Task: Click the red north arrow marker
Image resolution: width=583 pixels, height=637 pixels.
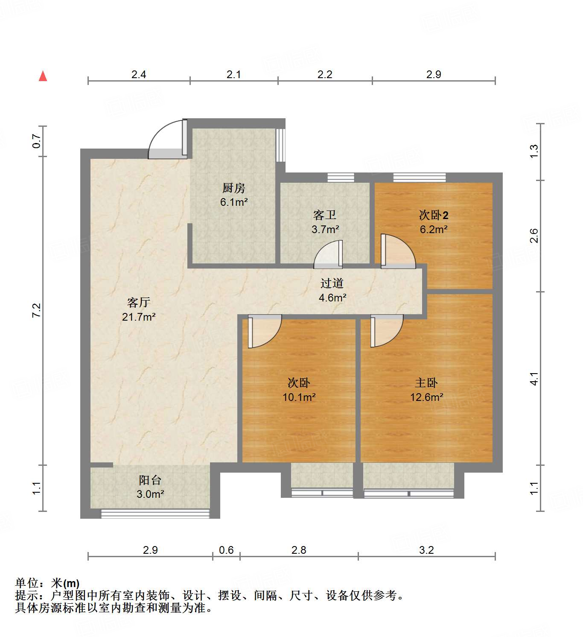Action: (x=43, y=76)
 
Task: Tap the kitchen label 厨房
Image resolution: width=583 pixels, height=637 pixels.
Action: (x=234, y=188)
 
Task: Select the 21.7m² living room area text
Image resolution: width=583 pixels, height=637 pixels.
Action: (x=139, y=317)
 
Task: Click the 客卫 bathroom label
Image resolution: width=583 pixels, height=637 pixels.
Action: (x=325, y=215)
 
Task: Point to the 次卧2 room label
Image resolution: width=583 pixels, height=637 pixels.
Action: (x=434, y=215)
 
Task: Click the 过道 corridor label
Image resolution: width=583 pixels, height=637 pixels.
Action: (x=332, y=283)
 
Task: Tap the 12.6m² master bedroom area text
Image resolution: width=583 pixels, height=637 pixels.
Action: (x=426, y=397)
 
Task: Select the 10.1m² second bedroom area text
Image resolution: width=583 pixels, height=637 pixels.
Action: (x=299, y=397)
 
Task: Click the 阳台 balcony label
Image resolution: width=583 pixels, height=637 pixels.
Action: (x=150, y=480)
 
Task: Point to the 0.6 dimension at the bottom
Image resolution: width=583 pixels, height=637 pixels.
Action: (x=226, y=550)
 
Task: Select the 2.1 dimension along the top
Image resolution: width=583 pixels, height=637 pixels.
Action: (x=233, y=74)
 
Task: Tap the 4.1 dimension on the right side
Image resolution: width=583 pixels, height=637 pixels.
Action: (x=534, y=379)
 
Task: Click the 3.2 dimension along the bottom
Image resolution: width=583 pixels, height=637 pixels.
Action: (x=426, y=550)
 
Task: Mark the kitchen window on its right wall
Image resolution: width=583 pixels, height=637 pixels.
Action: (x=280, y=145)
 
